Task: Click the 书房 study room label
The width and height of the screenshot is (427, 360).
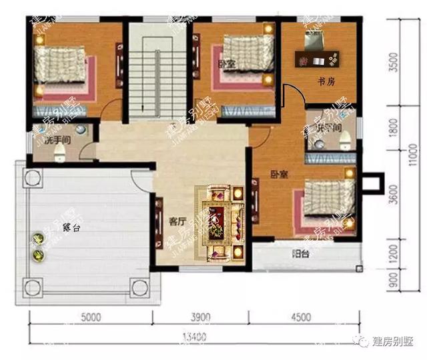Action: pyautogui.click(x=326, y=82)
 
